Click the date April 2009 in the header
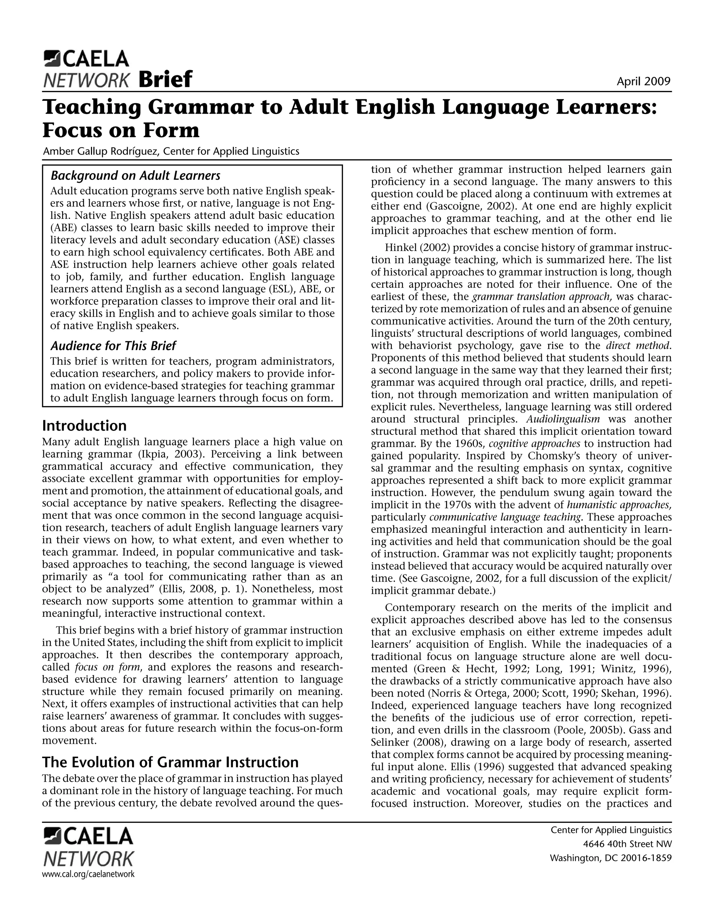tap(643, 81)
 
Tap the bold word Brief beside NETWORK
tap(165, 79)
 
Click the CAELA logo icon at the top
tap(52, 58)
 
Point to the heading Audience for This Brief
tap(113, 346)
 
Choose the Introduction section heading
tap(85, 425)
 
